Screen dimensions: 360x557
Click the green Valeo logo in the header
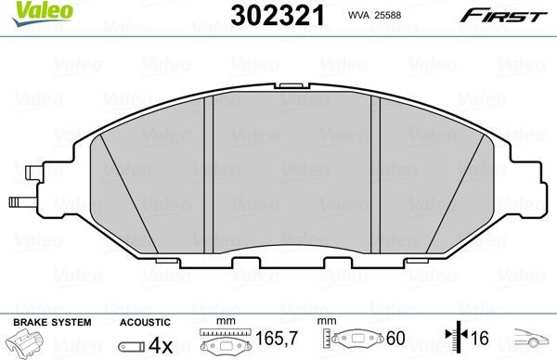click(31, 12)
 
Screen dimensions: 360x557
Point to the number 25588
click(394, 16)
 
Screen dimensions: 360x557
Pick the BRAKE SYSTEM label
click(51, 321)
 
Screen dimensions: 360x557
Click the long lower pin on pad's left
click(20, 200)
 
